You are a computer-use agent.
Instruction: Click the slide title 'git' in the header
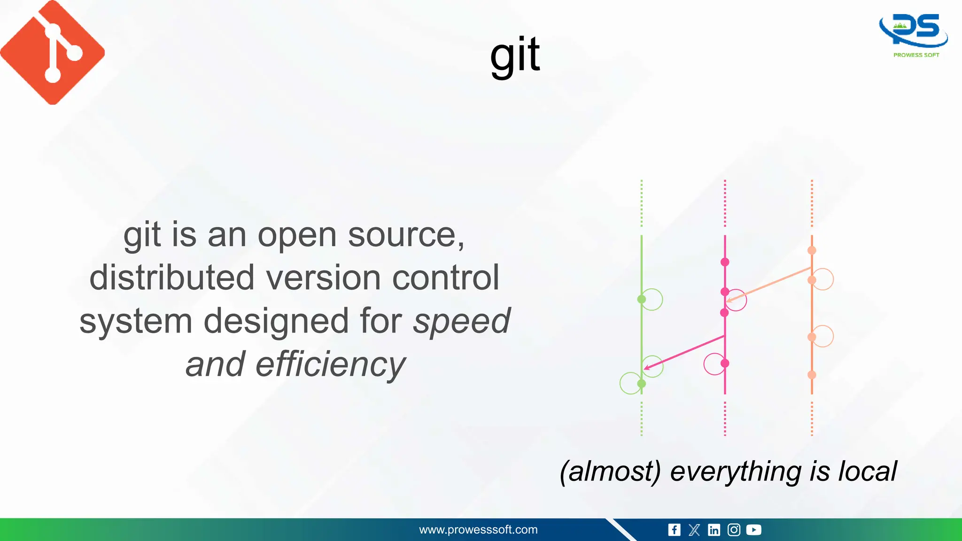pyautogui.click(x=515, y=55)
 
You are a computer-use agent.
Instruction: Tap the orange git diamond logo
pyautogui.click(x=53, y=52)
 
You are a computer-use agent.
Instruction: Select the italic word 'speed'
pyautogui.click(x=461, y=321)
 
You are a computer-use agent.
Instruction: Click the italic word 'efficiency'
pyautogui.click(x=330, y=364)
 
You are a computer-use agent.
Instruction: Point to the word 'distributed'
pyautogui.click(x=172, y=278)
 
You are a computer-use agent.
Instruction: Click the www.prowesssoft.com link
pyautogui.click(x=478, y=530)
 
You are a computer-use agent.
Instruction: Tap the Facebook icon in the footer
pyautogui.click(x=674, y=530)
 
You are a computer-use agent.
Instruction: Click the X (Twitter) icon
pyautogui.click(x=694, y=530)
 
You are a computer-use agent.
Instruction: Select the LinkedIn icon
pyautogui.click(x=714, y=530)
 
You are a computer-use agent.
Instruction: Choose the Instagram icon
pyautogui.click(x=734, y=530)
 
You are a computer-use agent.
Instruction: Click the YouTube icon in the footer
pyautogui.click(x=753, y=530)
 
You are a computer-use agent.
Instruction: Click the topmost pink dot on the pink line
pyautogui.click(x=725, y=262)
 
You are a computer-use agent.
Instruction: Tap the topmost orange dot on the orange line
pyautogui.click(x=812, y=250)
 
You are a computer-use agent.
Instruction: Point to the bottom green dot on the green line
pyautogui.click(x=641, y=384)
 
